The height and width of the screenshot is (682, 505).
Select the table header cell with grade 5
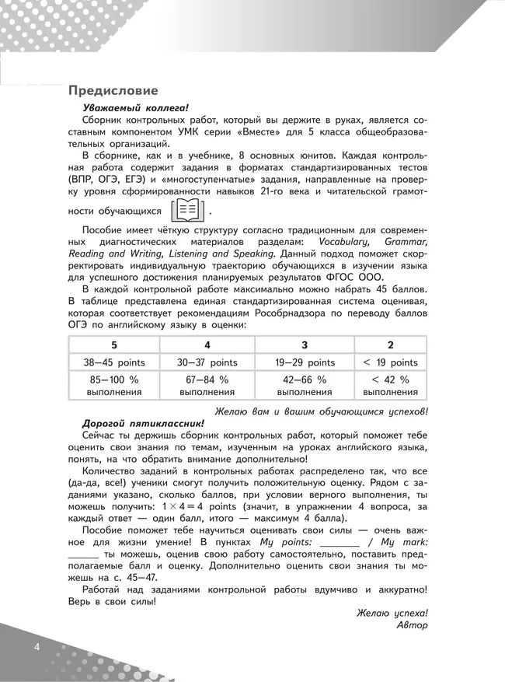tap(114, 344)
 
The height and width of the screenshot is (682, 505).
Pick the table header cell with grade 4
tap(207, 344)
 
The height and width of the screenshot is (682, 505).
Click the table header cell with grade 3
tap(305, 344)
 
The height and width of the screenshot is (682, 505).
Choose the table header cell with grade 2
tap(390, 344)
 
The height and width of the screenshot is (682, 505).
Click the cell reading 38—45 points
tap(114, 362)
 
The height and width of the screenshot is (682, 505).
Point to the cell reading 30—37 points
tap(207, 362)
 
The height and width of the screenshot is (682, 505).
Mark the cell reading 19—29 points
tap(305, 362)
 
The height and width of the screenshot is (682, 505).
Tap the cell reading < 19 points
tap(390, 362)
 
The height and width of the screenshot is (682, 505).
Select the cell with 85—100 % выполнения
tap(114, 386)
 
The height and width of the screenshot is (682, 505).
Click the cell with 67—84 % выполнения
tap(207, 386)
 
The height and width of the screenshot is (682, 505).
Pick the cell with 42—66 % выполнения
tap(305, 386)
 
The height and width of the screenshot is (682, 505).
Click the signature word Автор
tap(412, 625)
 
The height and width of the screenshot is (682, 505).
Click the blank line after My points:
tap(340, 546)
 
